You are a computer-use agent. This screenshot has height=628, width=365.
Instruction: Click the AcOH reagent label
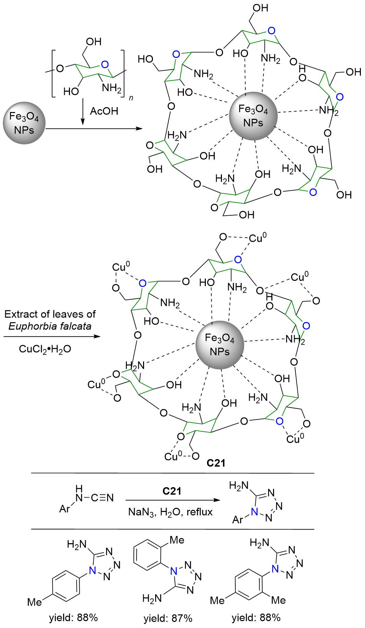[x=104, y=111]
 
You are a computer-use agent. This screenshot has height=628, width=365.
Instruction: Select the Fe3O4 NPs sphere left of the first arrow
[x=24, y=123]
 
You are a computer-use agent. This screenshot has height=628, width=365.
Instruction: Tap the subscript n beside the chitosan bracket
[x=131, y=98]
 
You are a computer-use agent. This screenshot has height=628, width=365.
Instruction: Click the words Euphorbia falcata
[x=50, y=326]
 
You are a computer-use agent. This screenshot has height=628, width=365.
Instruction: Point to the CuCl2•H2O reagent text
[x=45, y=349]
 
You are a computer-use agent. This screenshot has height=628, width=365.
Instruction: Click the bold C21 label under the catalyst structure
[x=216, y=463]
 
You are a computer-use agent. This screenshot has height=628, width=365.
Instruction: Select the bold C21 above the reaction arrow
[x=172, y=491]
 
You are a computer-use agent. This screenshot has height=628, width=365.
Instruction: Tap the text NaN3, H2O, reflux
[x=170, y=512]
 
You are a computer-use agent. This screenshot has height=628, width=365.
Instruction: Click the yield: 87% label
[x=168, y=618]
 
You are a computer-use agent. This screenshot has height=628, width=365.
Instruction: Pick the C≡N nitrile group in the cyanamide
[x=102, y=498]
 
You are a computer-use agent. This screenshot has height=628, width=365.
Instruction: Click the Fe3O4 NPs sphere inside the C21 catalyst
[x=220, y=345]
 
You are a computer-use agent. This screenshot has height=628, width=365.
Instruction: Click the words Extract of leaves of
[x=50, y=314]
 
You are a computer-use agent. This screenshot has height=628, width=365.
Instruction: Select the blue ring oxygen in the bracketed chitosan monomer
[x=105, y=64]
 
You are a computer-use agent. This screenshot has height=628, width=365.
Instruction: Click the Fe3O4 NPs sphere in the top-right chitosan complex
[x=253, y=116]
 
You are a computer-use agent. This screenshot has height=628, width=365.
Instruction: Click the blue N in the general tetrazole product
[x=254, y=512]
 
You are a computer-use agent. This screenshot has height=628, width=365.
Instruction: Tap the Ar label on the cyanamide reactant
[x=65, y=509]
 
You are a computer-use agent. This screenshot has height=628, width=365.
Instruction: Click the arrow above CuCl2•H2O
[x=51, y=336]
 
